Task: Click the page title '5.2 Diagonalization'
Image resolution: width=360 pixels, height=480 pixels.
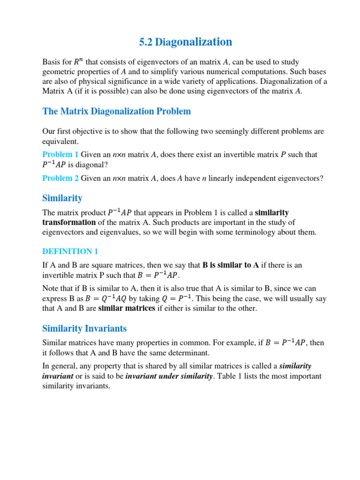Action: coord(186,42)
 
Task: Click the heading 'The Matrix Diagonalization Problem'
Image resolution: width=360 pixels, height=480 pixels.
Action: coord(117,111)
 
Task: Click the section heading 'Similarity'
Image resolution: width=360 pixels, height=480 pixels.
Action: coord(62,198)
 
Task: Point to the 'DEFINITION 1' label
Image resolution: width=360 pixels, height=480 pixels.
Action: coord(70,251)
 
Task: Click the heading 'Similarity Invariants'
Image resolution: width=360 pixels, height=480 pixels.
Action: coord(84,328)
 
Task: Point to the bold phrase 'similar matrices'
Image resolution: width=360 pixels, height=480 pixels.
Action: coord(127,308)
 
